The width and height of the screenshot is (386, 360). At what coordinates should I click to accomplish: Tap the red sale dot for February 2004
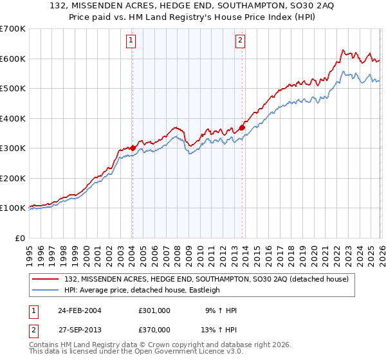133,148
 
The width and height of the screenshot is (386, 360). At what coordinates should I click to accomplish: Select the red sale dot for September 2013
242,127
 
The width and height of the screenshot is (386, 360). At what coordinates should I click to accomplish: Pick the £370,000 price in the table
154,330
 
